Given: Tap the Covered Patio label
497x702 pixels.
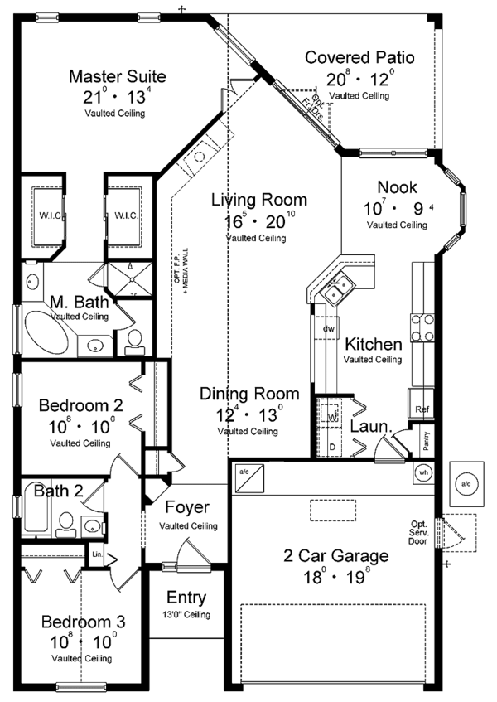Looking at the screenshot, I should (x=359, y=58).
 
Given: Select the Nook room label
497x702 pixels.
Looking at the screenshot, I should (x=398, y=187).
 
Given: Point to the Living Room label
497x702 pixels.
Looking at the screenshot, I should (x=258, y=200).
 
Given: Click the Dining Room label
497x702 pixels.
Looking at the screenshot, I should (x=248, y=395).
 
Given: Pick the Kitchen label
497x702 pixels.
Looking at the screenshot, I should (x=374, y=344).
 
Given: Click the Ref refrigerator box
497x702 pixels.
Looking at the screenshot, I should (x=420, y=409).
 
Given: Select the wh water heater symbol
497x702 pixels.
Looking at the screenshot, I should (x=423, y=473).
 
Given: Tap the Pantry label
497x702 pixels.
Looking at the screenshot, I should (x=426, y=439).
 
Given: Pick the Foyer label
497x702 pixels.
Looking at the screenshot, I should (x=187, y=507).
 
